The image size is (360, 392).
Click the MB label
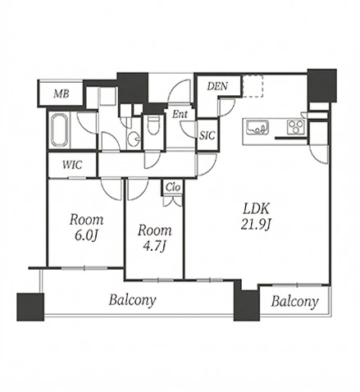point(62,94)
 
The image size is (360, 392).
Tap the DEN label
point(217,86)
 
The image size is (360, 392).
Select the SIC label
point(207,135)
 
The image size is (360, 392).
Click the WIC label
point(72,165)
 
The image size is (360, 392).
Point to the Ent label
point(180,114)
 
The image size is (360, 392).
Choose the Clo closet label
point(173,187)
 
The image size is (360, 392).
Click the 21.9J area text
point(256,225)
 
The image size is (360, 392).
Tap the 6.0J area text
point(86,236)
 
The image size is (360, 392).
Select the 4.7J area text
point(155,247)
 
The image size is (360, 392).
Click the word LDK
point(257,209)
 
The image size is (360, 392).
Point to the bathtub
point(59,130)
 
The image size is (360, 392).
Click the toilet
point(153,125)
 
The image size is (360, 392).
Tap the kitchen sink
point(257,127)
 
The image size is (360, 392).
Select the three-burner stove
point(296,127)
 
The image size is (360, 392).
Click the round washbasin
point(134,139)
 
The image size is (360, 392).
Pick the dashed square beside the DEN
point(253,86)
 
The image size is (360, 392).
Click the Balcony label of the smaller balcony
point(294,302)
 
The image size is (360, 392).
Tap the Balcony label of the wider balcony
point(132,300)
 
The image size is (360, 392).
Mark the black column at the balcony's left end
point(30,307)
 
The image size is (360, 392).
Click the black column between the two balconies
point(246,303)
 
